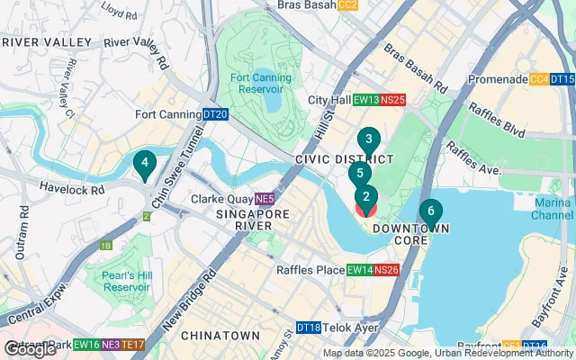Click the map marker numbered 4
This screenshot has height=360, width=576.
[142, 164]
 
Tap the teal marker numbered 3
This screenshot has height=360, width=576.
[367, 139]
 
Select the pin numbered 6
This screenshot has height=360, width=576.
[430, 212]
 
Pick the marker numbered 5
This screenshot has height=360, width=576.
[359, 174]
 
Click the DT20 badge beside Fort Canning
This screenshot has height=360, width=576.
[215, 114]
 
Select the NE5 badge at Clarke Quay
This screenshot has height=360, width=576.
[264, 199]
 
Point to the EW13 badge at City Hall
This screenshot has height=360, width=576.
[365, 100]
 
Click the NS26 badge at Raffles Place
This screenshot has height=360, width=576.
[386, 270]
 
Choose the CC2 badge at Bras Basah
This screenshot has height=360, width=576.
[348, 5]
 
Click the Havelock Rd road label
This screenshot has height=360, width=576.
[73, 188]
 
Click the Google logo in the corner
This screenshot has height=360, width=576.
[29, 349]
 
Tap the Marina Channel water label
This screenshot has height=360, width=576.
[552, 209]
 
